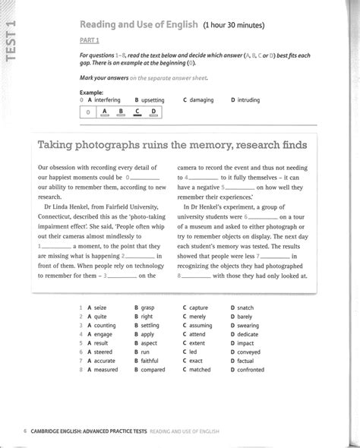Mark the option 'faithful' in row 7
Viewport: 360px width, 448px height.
[x=152, y=361]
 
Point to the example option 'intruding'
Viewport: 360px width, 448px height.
[x=248, y=99]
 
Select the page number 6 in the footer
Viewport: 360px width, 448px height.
[x=25, y=431]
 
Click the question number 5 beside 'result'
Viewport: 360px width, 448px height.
[x=80, y=343]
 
